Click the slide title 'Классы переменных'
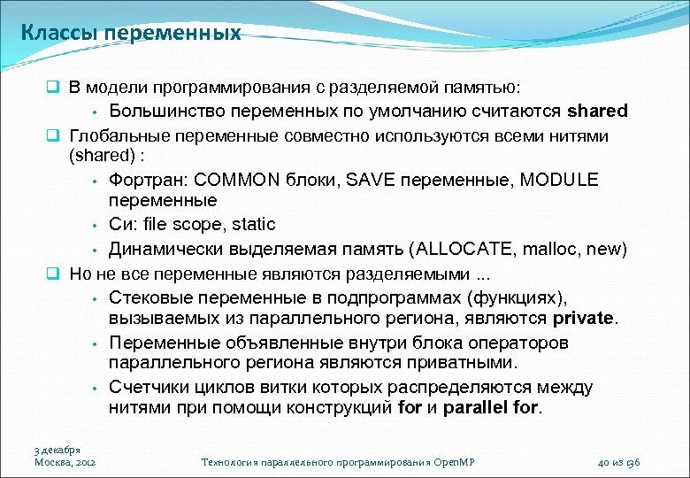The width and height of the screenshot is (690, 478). (x=131, y=34)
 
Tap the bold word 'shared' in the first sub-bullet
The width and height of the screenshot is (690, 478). (x=597, y=112)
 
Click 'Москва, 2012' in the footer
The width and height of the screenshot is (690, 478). (x=65, y=462)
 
